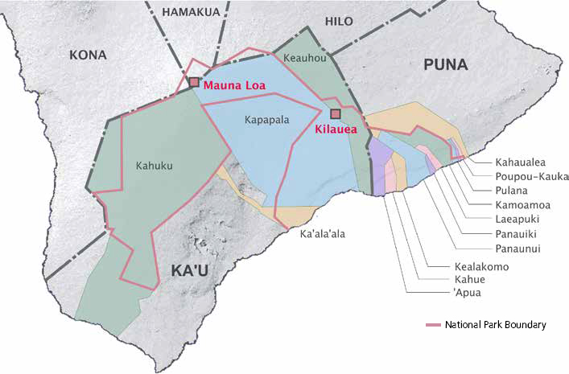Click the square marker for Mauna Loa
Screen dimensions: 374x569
(x=194, y=82)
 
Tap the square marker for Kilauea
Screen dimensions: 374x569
(x=336, y=114)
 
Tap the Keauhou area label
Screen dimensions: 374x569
(x=303, y=58)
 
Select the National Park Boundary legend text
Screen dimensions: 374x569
(x=495, y=325)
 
